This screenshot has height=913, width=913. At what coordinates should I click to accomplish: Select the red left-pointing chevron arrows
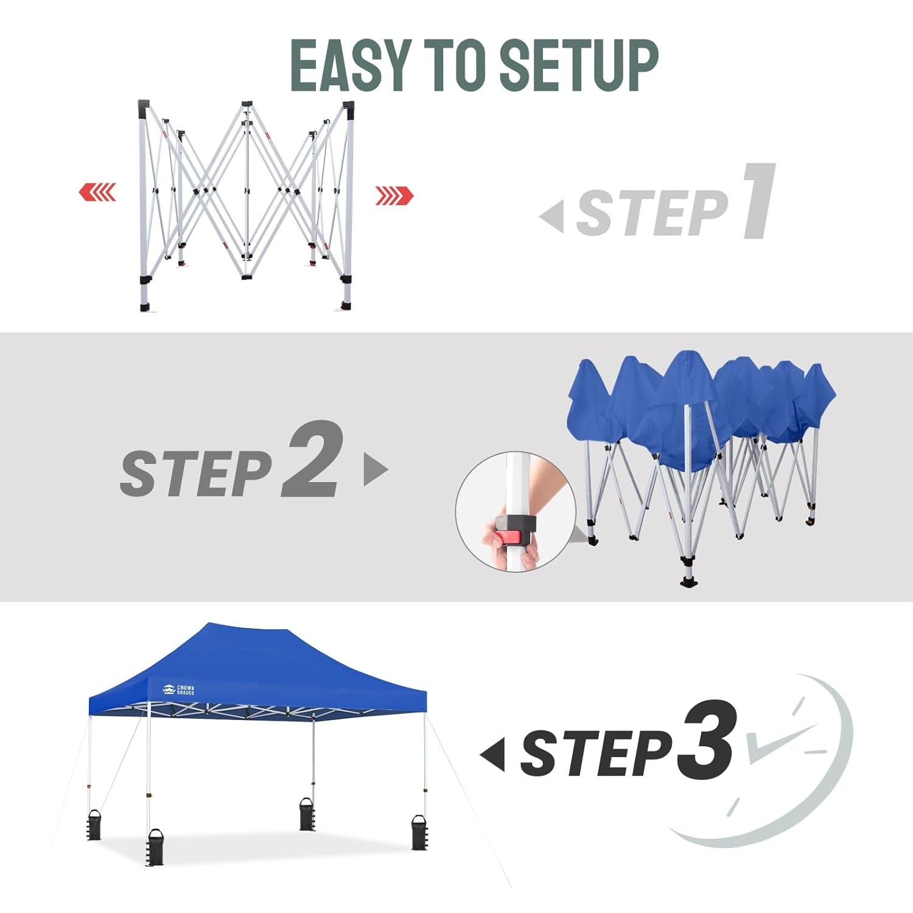(x=97, y=192)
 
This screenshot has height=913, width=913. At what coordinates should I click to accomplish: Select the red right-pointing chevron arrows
(x=394, y=196)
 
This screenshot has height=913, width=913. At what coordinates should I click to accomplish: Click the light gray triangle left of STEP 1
(x=552, y=215)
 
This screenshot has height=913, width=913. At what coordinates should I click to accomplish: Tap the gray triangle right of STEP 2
(x=376, y=469)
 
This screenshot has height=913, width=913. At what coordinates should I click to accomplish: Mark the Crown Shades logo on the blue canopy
(x=178, y=690)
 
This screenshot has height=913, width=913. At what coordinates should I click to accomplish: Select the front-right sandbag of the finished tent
(x=420, y=831)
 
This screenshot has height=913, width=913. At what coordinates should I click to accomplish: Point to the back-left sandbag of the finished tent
(x=94, y=825)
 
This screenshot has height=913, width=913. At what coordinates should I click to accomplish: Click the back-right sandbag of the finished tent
(x=307, y=814)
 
